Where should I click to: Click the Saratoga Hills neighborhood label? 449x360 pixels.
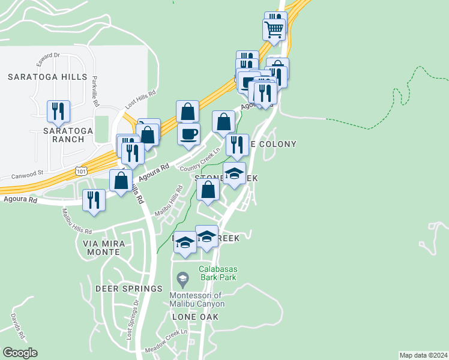47,77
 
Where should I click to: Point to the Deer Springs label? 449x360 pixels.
128,289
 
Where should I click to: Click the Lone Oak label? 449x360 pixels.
195,316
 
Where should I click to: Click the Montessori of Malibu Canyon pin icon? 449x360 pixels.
183,278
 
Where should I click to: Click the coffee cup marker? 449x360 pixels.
189,133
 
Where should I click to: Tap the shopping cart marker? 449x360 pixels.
274,28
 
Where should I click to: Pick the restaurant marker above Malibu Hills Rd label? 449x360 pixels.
94,200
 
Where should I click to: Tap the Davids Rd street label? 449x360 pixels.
16,324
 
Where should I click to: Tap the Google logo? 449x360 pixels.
20,353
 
